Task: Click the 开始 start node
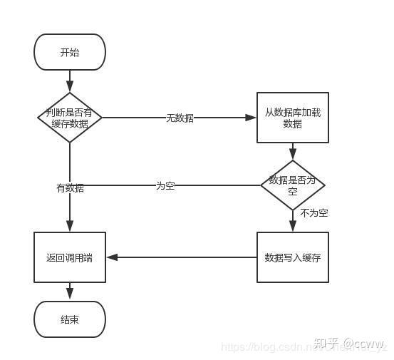tap(70, 52)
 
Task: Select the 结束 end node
tap(70, 319)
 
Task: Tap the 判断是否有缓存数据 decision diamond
tap(70, 118)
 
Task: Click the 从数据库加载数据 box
tap(292, 118)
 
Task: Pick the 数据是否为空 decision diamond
tap(292, 185)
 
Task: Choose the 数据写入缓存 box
tap(292, 257)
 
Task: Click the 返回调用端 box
tap(70, 257)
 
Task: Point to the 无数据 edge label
tap(180, 118)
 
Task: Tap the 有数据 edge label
tap(70, 188)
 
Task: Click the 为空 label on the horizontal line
tap(165, 185)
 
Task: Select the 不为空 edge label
tap(313, 212)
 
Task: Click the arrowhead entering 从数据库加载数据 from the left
tap(252, 118)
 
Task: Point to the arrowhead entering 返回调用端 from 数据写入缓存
tap(110, 257)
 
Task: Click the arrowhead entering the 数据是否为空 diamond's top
tap(292, 156)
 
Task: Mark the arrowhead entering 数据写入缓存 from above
tap(292, 227)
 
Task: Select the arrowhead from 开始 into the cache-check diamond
tap(70, 88)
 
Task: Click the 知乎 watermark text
tap(326, 343)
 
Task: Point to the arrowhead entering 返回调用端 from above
tap(70, 227)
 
